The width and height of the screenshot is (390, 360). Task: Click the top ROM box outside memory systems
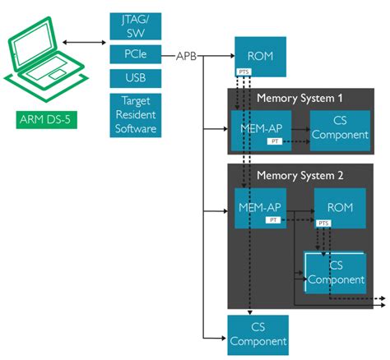point(258,56)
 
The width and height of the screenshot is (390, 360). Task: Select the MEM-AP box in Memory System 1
point(258,129)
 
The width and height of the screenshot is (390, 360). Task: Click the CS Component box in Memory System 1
point(339,127)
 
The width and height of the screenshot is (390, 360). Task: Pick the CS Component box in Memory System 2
point(335,272)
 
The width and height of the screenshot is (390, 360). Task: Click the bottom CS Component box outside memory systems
point(258,335)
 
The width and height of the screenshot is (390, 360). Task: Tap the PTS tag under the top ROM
point(244,72)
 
